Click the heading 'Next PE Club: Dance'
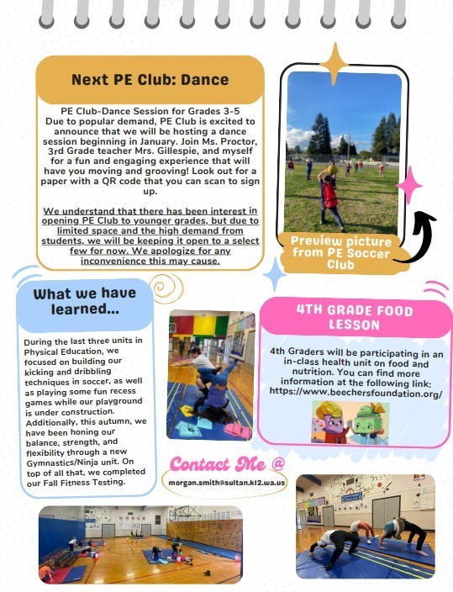150,80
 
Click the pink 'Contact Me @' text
228,462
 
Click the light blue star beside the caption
273,273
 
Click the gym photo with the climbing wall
140,543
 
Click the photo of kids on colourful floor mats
210,374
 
